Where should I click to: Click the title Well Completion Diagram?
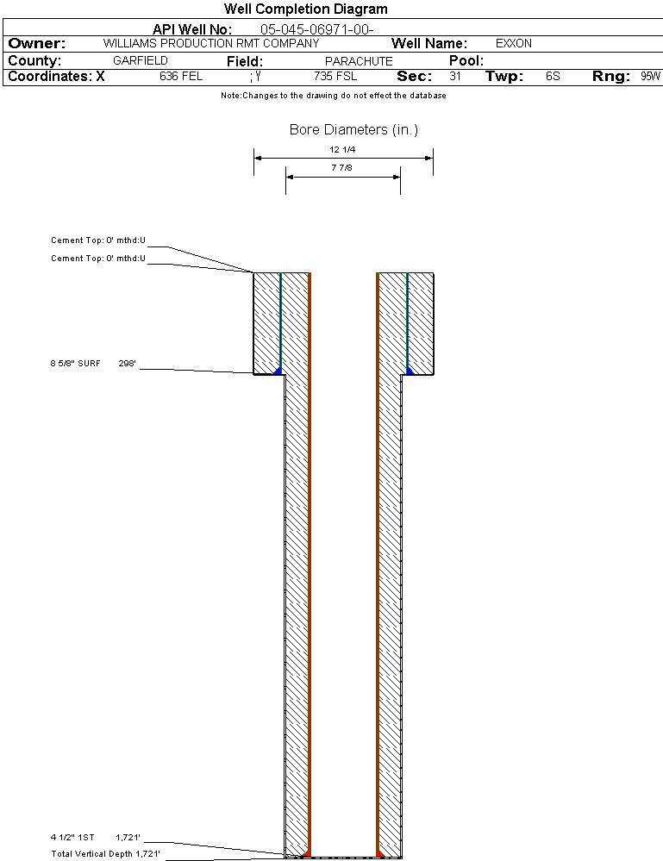(306, 9)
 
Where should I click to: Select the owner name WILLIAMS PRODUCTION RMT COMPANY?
(210, 43)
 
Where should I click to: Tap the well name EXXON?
(514, 43)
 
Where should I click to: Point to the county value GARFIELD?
(141, 61)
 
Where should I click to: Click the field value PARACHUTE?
(359, 61)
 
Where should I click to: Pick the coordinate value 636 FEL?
(181, 76)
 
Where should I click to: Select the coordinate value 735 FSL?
(335, 76)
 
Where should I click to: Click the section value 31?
(455, 76)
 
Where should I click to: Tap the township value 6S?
(553, 76)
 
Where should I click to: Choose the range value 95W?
(650, 76)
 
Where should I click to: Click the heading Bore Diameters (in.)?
(353, 130)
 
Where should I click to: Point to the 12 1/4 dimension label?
(342, 150)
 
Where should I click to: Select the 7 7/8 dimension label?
(342, 168)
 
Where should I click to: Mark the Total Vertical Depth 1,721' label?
(105, 854)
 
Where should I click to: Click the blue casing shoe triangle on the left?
(277, 371)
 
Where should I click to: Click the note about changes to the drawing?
(334, 96)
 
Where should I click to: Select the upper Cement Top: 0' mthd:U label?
(98, 240)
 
